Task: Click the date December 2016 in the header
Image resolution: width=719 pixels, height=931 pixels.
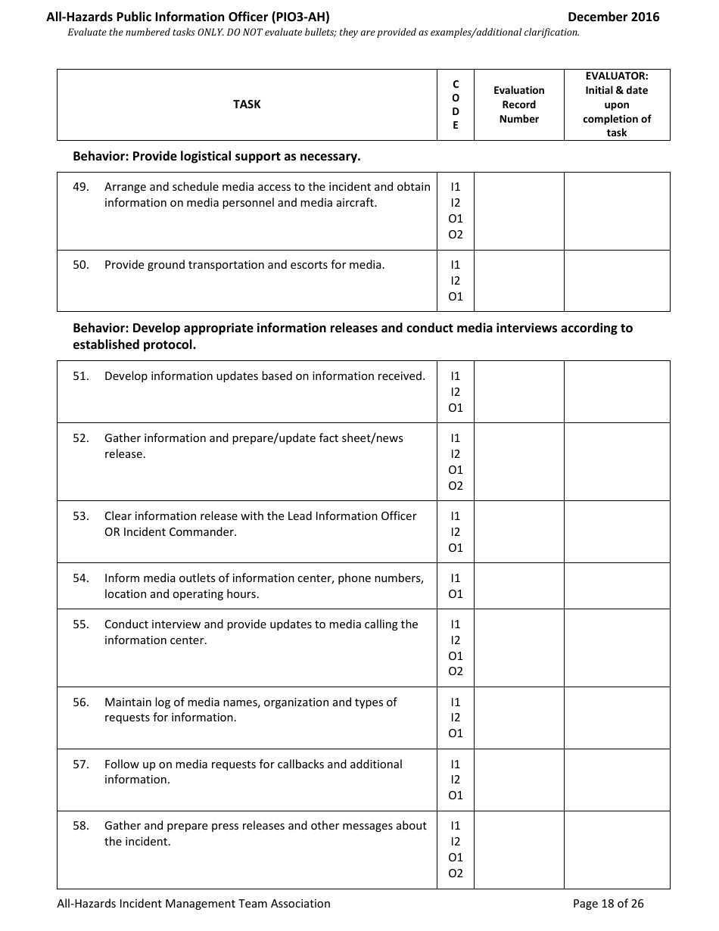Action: [613, 17]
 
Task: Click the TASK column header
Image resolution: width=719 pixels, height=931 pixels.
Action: [247, 104]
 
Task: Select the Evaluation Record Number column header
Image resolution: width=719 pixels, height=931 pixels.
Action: [518, 104]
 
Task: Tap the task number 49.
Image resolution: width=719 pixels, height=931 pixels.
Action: [81, 187]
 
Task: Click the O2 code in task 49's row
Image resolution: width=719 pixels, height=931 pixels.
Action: [456, 235]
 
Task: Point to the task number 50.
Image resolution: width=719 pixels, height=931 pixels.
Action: [81, 265]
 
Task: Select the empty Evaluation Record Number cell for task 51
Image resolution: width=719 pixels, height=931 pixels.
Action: [518, 391]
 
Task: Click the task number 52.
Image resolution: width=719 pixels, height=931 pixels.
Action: [81, 438]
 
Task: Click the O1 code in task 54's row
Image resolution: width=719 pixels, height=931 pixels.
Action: [456, 594]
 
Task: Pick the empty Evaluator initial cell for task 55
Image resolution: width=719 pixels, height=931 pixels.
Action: [617, 648]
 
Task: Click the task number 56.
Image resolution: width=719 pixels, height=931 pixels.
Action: [81, 702]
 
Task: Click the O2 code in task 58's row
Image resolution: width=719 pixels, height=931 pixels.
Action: [456, 873]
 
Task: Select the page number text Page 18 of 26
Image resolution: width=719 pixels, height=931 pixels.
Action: [608, 903]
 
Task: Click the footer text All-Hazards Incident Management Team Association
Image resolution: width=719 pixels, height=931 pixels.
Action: [194, 903]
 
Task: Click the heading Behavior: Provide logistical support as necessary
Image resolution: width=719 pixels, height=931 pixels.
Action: [216, 157]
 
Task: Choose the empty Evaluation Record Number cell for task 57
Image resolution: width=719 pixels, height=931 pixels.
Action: [518, 780]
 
